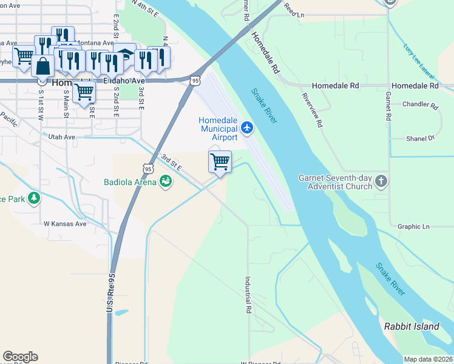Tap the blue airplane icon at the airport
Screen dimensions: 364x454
coord(246,127)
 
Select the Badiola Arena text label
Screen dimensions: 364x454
coord(129,182)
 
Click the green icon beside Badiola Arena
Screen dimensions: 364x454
coord(165,181)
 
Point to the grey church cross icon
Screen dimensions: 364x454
coord(381,181)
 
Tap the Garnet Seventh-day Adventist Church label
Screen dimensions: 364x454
coord(334,182)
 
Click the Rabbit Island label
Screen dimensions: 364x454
coord(412,326)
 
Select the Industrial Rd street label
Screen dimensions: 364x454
coord(248,295)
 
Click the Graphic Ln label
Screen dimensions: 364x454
coord(413,227)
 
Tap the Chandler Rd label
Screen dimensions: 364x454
coord(420,105)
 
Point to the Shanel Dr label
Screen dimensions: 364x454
coord(421,138)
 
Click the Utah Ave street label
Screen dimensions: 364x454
coord(62,138)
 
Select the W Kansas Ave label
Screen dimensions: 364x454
coord(65,223)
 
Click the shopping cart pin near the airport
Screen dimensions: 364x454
coord(220,162)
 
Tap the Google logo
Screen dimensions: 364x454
coord(20,357)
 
